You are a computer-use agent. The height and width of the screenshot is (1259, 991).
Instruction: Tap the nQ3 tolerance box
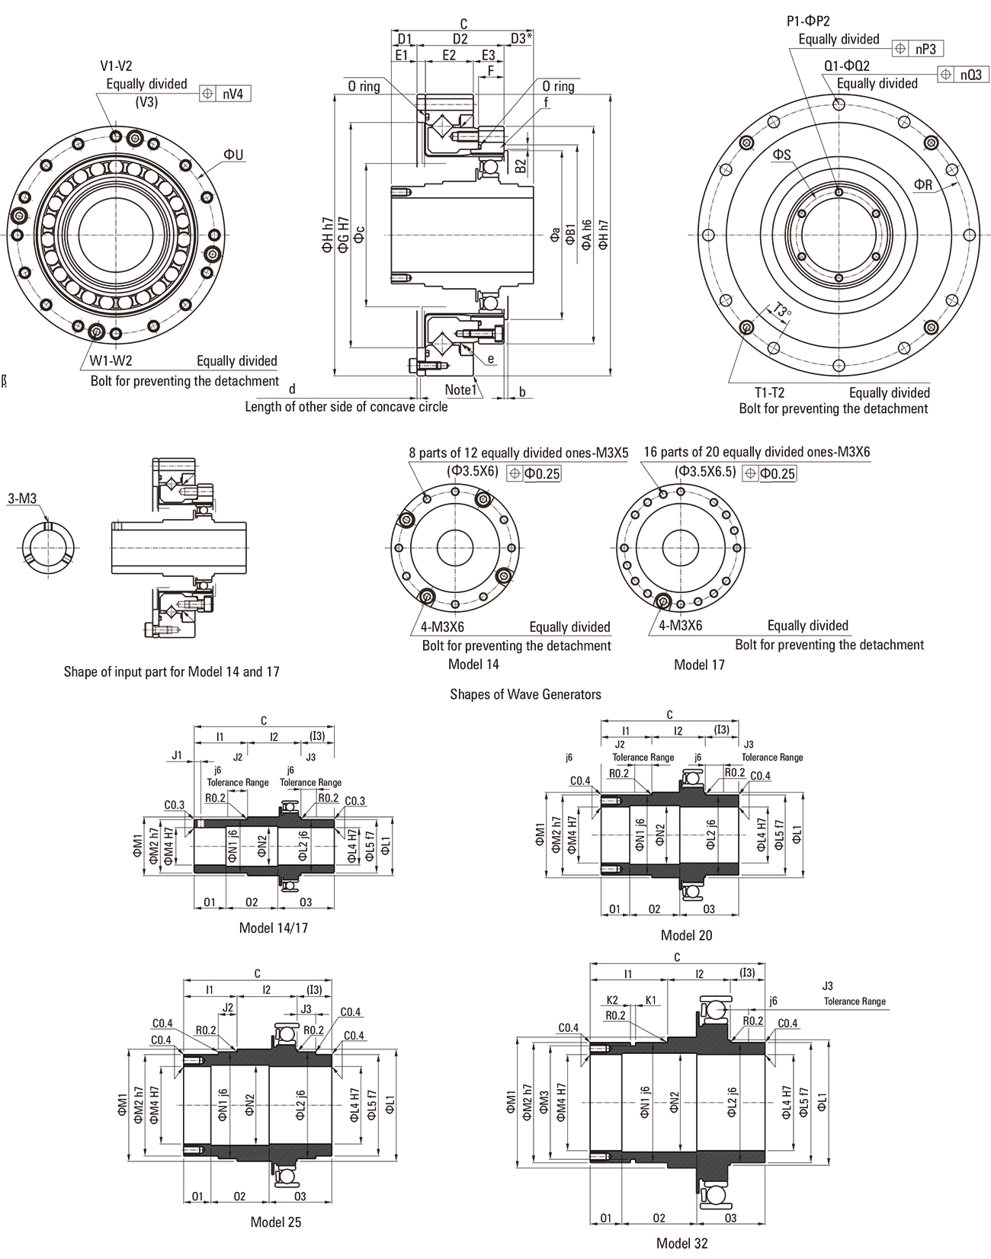point(964,75)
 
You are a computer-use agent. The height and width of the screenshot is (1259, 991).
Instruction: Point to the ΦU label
point(233,155)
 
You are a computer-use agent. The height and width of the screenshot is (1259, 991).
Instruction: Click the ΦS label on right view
point(782,155)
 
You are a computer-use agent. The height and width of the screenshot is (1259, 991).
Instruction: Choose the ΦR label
point(923,184)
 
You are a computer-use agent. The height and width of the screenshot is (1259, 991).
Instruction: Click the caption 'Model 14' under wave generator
point(473,664)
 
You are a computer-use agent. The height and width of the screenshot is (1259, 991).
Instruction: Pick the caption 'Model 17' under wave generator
point(699,665)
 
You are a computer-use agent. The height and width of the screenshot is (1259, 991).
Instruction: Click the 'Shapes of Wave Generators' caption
point(525,694)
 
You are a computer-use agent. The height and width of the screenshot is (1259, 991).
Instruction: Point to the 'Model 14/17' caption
point(274,927)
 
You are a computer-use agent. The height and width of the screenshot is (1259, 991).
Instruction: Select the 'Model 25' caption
point(276,1222)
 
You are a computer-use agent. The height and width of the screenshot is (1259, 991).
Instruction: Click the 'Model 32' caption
point(682,1243)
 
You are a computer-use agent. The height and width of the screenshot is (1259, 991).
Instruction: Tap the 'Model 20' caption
point(686,934)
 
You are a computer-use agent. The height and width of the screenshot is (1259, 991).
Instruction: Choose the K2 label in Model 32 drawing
point(612,999)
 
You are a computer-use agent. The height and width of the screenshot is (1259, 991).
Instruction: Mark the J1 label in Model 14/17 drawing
point(177,756)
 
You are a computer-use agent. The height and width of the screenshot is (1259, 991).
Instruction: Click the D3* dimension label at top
point(521,38)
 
